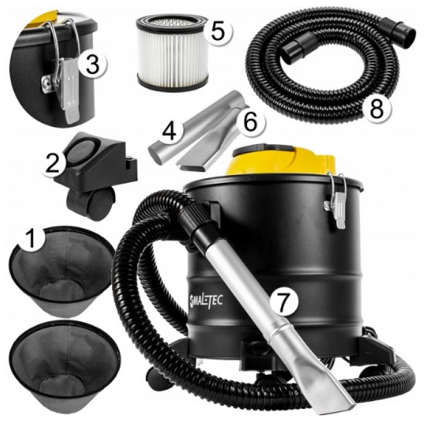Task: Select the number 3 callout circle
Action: tap(93, 64)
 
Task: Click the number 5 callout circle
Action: tap(217, 31)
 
